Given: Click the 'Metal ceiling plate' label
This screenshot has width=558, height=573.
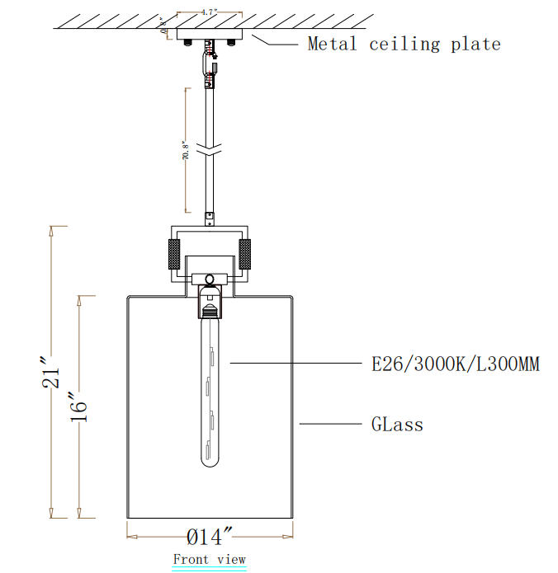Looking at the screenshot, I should tap(404, 44).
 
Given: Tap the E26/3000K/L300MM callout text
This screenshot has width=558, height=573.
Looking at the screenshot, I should tap(455, 363).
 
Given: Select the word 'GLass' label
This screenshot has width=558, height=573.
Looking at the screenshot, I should tap(397, 425).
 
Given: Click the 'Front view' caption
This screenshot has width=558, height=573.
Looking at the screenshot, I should tap(209, 559).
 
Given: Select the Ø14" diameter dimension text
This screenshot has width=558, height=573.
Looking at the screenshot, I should tap(210, 538).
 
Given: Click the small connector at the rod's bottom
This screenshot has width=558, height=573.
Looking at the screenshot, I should tap(210, 218).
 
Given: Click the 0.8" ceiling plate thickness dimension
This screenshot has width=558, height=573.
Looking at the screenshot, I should tap(165, 33).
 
